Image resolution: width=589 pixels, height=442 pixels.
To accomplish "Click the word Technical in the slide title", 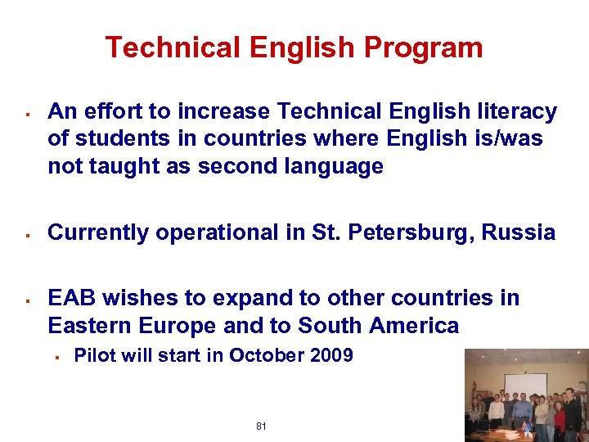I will (x=173, y=48).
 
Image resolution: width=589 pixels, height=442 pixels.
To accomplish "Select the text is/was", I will (x=506, y=138).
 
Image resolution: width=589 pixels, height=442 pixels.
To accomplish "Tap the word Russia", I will (x=519, y=232).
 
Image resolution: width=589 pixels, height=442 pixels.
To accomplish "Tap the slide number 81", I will (x=261, y=426).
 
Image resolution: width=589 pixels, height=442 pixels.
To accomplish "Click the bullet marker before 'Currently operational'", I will (x=28, y=233).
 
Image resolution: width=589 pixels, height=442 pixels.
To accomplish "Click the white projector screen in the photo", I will (x=524, y=386).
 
